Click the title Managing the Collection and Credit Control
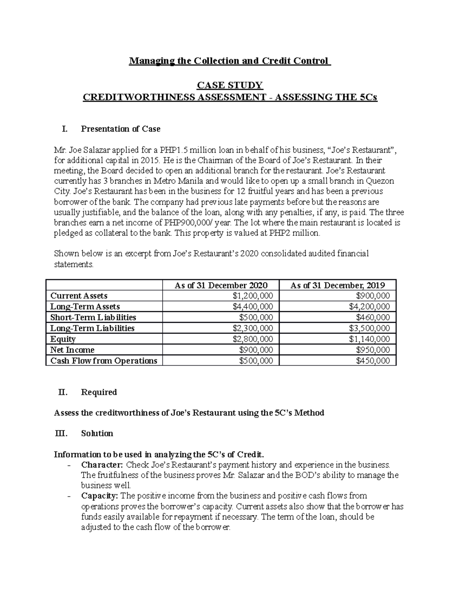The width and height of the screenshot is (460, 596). pyautogui.click(x=229, y=61)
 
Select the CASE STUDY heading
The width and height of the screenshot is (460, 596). pyautogui.click(x=230, y=85)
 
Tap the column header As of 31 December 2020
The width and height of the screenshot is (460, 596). pyautogui.click(x=221, y=285)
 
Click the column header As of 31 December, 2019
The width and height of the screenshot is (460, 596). pyautogui.click(x=337, y=285)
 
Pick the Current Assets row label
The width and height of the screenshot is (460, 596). pyautogui.click(x=79, y=296)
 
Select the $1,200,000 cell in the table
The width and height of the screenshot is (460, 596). pyautogui.click(x=253, y=296)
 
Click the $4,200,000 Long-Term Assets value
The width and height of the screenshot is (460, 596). pyautogui.click(x=369, y=307)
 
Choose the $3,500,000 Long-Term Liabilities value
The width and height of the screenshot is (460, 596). pyautogui.click(x=369, y=328)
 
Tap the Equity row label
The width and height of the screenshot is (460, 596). pyautogui.click(x=63, y=339)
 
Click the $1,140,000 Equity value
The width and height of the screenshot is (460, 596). pyautogui.click(x=369, y=339)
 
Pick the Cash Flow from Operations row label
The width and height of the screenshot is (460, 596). pyautogui.click(x=104, y=361)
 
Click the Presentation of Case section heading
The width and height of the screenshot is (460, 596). pyautogui.click(x=120, y=129)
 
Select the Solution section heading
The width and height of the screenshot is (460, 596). pyautogui.click(x=97, y=434)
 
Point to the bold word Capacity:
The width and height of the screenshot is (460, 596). pyautogui.click(x=100, y=496)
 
